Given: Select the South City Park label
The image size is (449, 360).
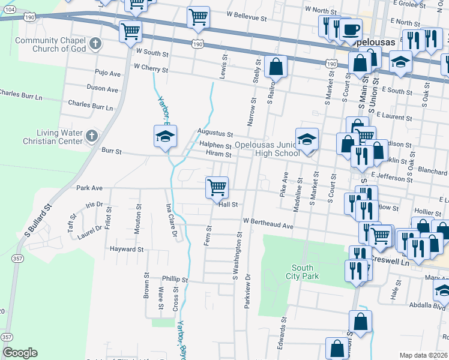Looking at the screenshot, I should pos(305,272).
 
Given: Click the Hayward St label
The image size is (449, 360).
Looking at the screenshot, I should pos(127,248).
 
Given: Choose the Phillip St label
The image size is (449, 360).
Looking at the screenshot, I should pos(175,280).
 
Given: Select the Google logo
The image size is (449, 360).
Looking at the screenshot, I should pos(20,352).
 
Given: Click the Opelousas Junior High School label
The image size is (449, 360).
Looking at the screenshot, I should pos(267,149).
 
